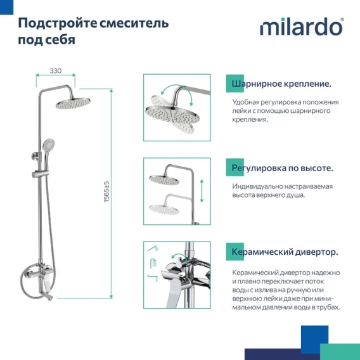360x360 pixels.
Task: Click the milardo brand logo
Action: [x=302, y=27]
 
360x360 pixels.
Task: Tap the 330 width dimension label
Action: [x=56, y=71]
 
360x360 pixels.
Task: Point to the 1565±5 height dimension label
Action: [x=106, y=192]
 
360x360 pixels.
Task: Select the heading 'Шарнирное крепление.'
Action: [x=281, y=84]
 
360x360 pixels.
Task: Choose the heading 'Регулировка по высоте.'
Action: [x=282, y=168]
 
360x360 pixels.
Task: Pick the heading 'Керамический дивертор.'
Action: [x=285, y=252]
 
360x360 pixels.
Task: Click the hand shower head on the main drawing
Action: [x=48, y=144]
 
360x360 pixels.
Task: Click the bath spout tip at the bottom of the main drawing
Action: [x=50, y=299]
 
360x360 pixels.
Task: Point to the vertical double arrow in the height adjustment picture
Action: [x=202, y=191]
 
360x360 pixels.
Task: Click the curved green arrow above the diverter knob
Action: [x=179, y=256]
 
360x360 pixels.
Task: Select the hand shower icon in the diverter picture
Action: [x=153, y=248]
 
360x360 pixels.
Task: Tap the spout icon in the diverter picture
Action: [x=153, y=278]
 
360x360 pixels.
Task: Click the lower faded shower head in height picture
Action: [x=164, y=209]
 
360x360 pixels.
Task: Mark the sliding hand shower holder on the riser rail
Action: [x=41, y=174]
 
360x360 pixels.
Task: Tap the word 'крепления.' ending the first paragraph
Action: [x=250, y=119]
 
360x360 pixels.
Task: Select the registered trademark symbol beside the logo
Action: [x=342, y=20]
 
